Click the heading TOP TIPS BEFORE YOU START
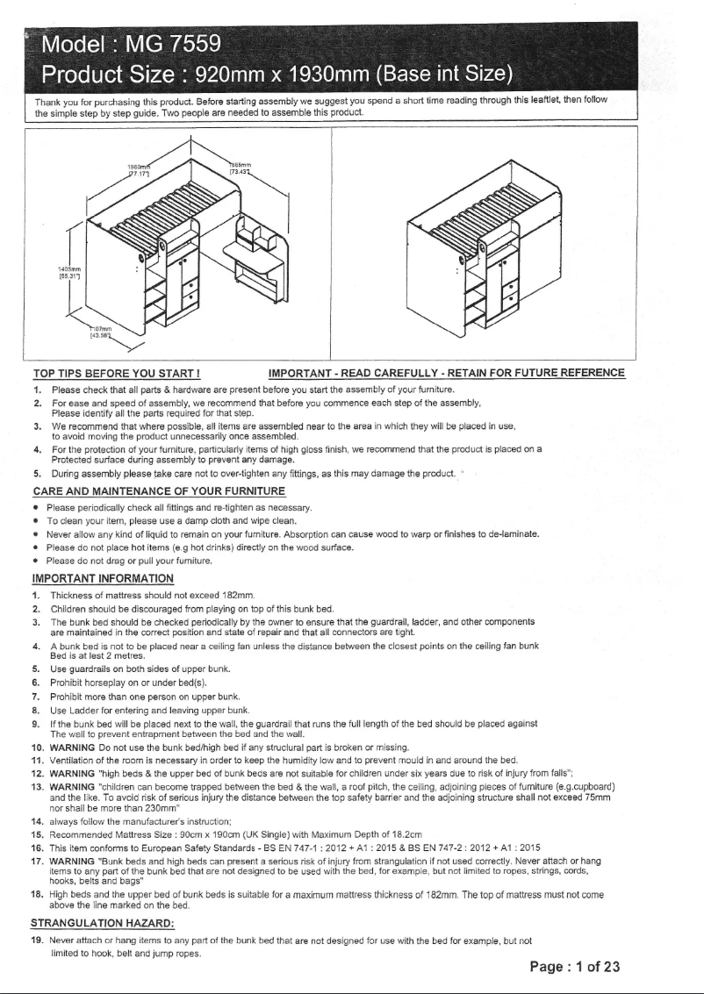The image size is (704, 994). click(x=117, y=372)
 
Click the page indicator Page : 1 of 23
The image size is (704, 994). click(x=575, y=968)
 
